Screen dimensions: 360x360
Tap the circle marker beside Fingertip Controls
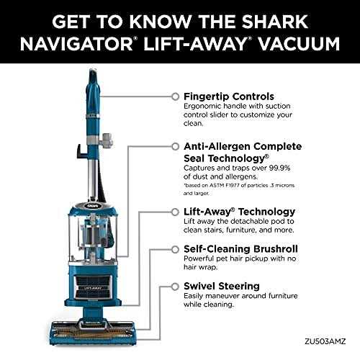tap(174, 95)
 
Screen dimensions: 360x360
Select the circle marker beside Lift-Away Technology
tap(174, 212)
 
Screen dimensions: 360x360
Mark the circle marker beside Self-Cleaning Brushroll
tap(174, 248)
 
